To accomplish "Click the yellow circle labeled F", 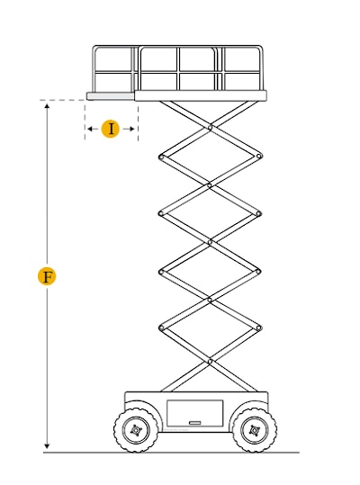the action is (47, 276).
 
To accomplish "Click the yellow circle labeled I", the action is (111, 129).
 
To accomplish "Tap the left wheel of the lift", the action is (136, 430).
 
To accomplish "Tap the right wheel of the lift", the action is (255, 430).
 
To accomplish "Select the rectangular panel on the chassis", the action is (194, 413).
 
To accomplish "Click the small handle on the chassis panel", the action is (194, 423).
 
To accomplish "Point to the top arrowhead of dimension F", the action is (47, 106).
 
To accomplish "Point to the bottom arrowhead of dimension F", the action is (47, 446).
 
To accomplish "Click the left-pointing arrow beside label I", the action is (93, 129).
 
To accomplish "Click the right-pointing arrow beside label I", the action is (129, 129).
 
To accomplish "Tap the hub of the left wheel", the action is (136, 430).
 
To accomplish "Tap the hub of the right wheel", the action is (255, 430).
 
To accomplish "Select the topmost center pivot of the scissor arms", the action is (210, 128).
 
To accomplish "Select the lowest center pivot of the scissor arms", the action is (210, 362).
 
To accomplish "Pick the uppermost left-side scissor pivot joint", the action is (161, 157).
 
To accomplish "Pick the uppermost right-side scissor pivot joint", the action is (259, 157).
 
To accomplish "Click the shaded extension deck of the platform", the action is (111, 96).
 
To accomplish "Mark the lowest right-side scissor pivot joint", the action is (259, 328).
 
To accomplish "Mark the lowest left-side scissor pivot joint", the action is (161, 328).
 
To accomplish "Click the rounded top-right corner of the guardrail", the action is (261, 48).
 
